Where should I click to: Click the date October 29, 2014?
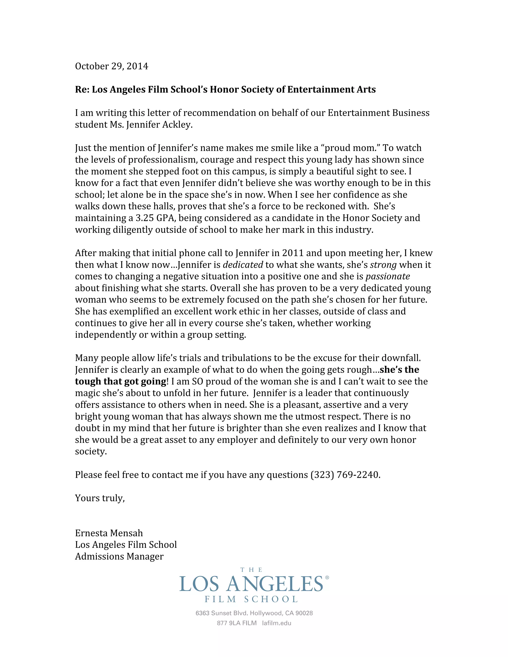111,66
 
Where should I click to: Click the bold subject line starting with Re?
225,90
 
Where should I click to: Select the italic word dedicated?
243,265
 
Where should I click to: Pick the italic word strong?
383,265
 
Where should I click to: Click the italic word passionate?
388,276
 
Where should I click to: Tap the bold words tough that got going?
120,382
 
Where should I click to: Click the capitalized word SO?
197,382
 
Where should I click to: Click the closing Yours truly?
100,498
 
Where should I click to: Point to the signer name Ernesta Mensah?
109,533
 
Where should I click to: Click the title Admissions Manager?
119,557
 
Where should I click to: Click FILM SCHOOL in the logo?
251,599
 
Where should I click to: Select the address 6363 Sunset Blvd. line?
254,613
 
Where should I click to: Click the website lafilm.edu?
277,623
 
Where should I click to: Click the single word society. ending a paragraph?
91,451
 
